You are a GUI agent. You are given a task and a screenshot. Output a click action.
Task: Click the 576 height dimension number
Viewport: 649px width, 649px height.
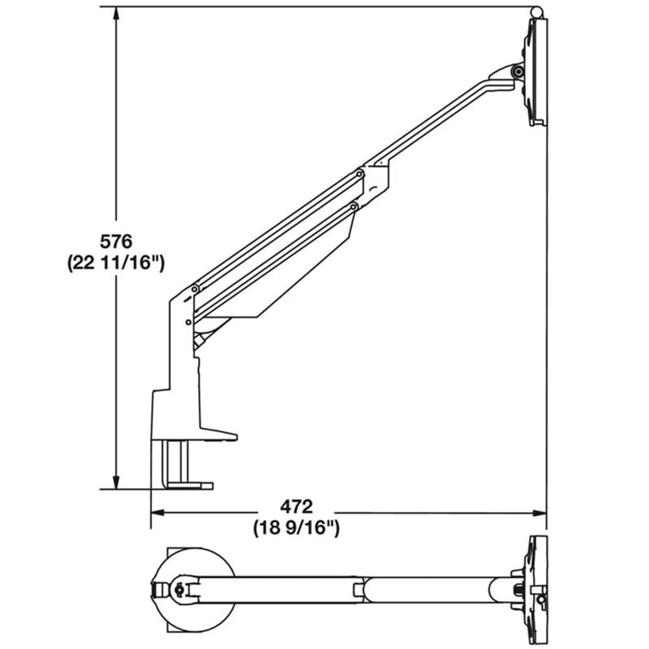tap(116, 241)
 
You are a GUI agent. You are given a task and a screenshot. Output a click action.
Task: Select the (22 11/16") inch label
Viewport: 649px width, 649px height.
tap(116, 264)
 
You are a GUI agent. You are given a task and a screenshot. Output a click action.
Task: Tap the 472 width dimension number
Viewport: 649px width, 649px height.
tap(296, 506)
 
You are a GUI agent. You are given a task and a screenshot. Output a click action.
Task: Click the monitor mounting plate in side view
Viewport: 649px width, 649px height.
tap(537, 71)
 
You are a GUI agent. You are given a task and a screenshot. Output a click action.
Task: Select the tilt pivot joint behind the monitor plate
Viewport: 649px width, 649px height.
tap(517, 72)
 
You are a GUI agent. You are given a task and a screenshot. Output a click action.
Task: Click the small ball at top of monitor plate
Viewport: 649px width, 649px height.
tap(536, 12)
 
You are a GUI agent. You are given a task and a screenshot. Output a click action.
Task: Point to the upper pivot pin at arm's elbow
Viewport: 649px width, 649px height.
tap(359, 174)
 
